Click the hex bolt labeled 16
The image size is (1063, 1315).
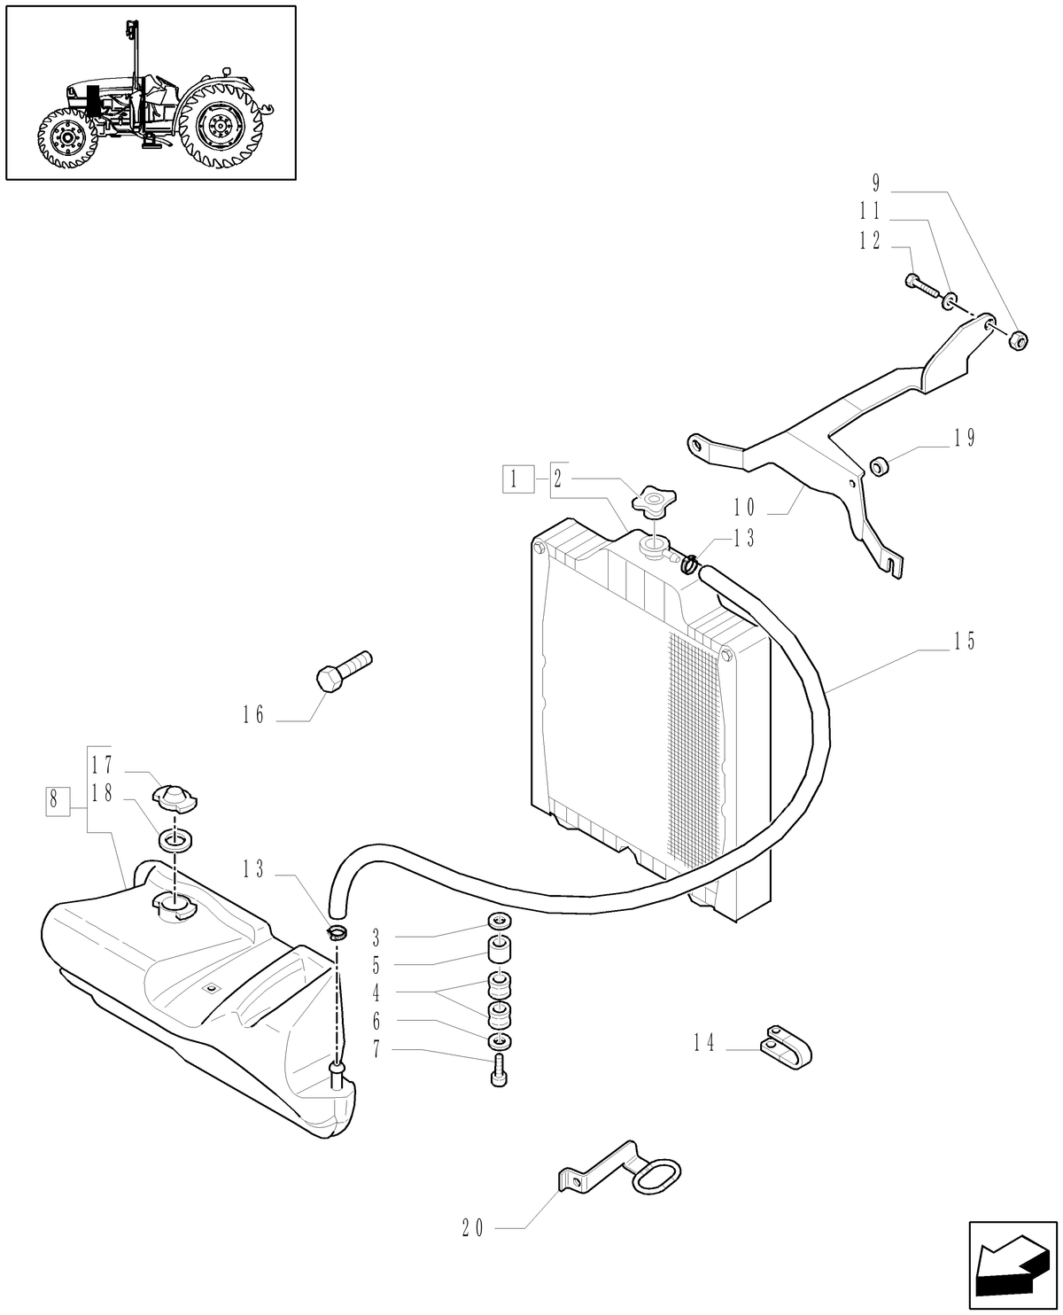(x=342, y=672)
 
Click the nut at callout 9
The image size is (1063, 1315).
(x=1019, y=339)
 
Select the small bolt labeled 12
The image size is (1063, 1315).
(x=921, y=284)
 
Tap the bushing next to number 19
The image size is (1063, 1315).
(x=879, y=464)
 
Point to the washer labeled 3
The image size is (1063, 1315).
(x=499, y=922)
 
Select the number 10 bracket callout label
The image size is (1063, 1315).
(x=743, y=507)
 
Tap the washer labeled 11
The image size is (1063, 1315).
(x=949, y=301)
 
